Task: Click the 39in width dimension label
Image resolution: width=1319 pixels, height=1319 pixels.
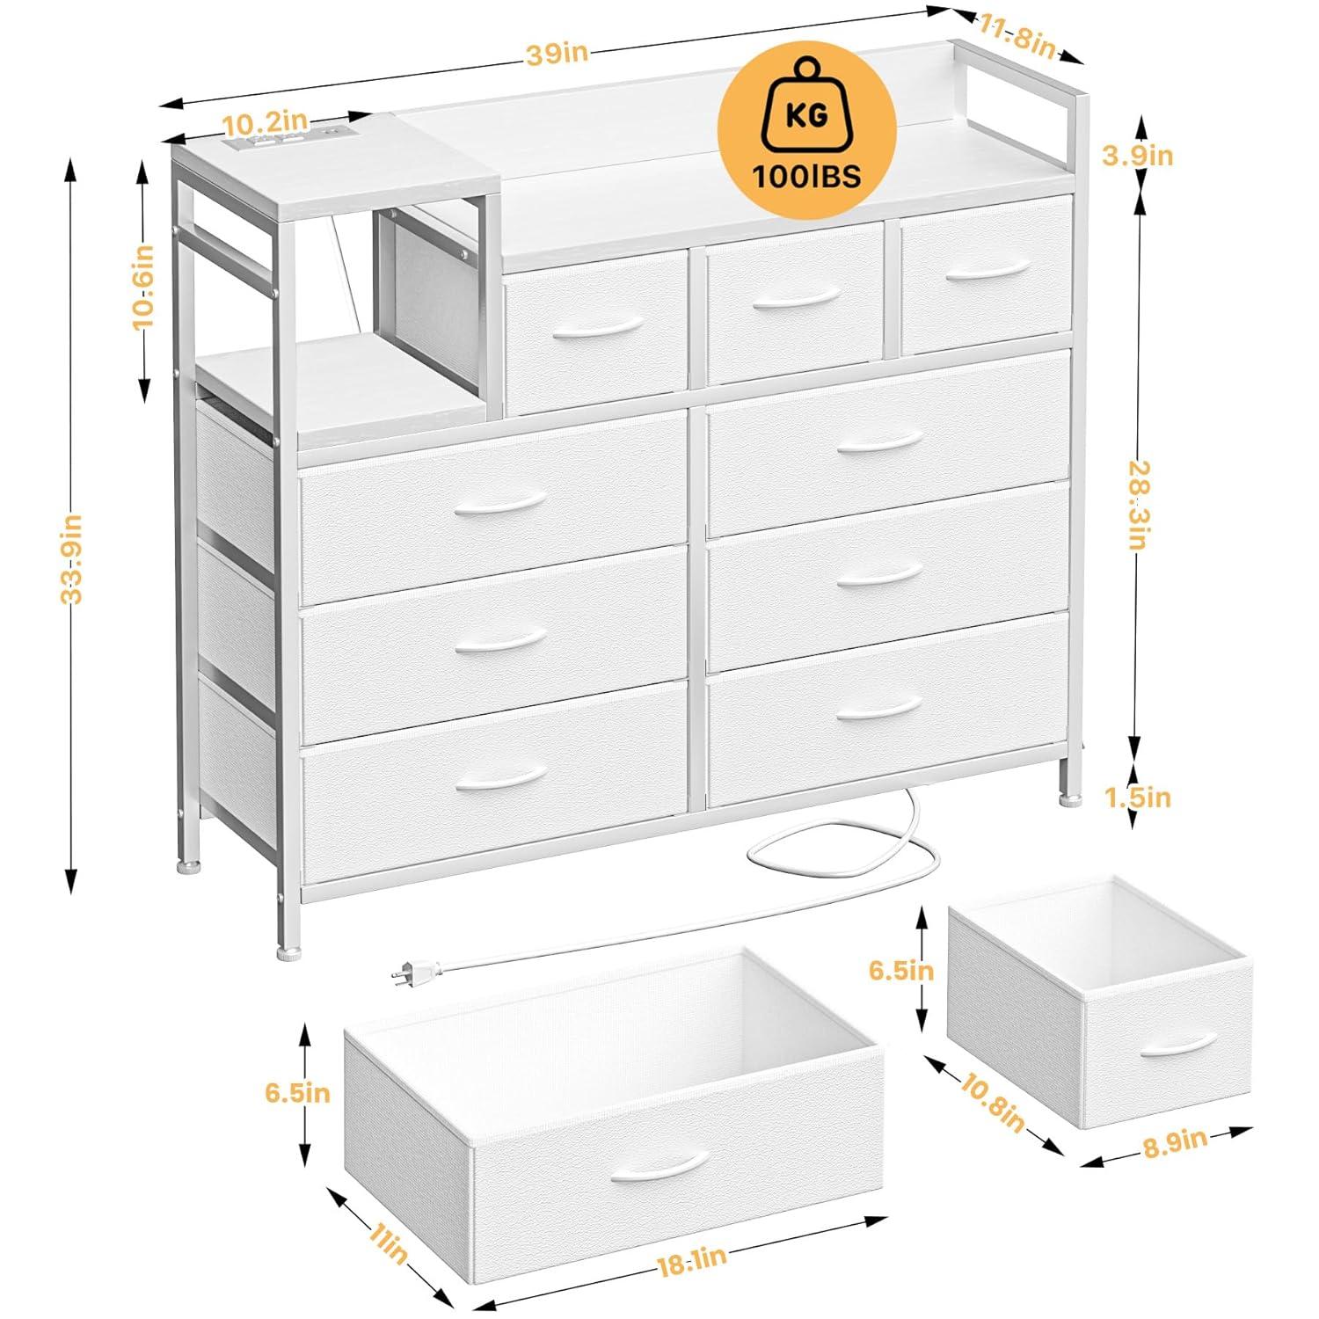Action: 556,52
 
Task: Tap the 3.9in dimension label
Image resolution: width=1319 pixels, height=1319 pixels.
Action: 1136,156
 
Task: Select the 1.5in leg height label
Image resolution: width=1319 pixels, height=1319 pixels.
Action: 1138,798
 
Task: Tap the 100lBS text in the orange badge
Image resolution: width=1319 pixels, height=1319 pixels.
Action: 806,176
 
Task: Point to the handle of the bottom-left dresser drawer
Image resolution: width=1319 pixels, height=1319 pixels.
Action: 500,776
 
